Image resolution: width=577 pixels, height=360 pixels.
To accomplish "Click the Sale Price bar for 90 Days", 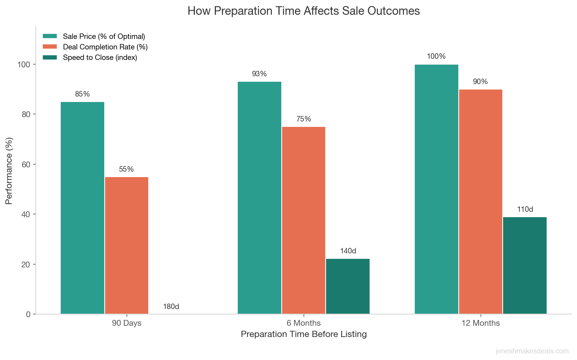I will (82, 208).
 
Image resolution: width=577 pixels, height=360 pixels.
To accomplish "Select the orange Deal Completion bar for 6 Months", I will (303, 220).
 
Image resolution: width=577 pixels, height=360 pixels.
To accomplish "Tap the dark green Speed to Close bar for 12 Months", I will (524, 265).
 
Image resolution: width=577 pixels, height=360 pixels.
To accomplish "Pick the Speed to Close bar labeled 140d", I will (348, 286).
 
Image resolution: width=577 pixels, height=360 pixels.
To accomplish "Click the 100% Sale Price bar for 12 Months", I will (436, 189).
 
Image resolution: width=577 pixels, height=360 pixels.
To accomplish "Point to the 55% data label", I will (126, 169).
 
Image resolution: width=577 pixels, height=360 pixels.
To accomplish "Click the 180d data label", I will (171, 307).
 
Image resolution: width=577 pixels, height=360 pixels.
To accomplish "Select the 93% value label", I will (259, 74).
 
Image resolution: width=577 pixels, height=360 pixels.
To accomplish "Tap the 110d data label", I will (525, 209).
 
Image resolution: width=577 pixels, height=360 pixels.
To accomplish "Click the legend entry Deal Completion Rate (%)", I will (105, 47).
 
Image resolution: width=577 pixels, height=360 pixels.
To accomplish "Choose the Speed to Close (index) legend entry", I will (100, 58).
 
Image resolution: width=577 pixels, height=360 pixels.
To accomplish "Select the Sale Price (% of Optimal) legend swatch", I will (50, 36).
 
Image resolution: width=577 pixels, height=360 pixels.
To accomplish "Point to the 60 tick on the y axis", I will (25, 164).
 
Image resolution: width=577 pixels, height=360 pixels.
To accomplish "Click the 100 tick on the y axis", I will (24, 64).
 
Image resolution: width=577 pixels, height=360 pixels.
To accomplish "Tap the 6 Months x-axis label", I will (303, 323).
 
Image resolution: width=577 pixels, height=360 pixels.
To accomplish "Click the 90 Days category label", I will (126, 323).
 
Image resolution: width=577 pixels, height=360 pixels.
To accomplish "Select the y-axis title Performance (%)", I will (9, 170).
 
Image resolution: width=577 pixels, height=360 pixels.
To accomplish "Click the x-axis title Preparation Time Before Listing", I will (303, 334).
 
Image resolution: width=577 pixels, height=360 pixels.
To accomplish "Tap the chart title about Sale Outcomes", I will (303, 11).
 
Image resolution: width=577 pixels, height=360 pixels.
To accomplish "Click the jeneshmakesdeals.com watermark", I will (532, 351).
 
